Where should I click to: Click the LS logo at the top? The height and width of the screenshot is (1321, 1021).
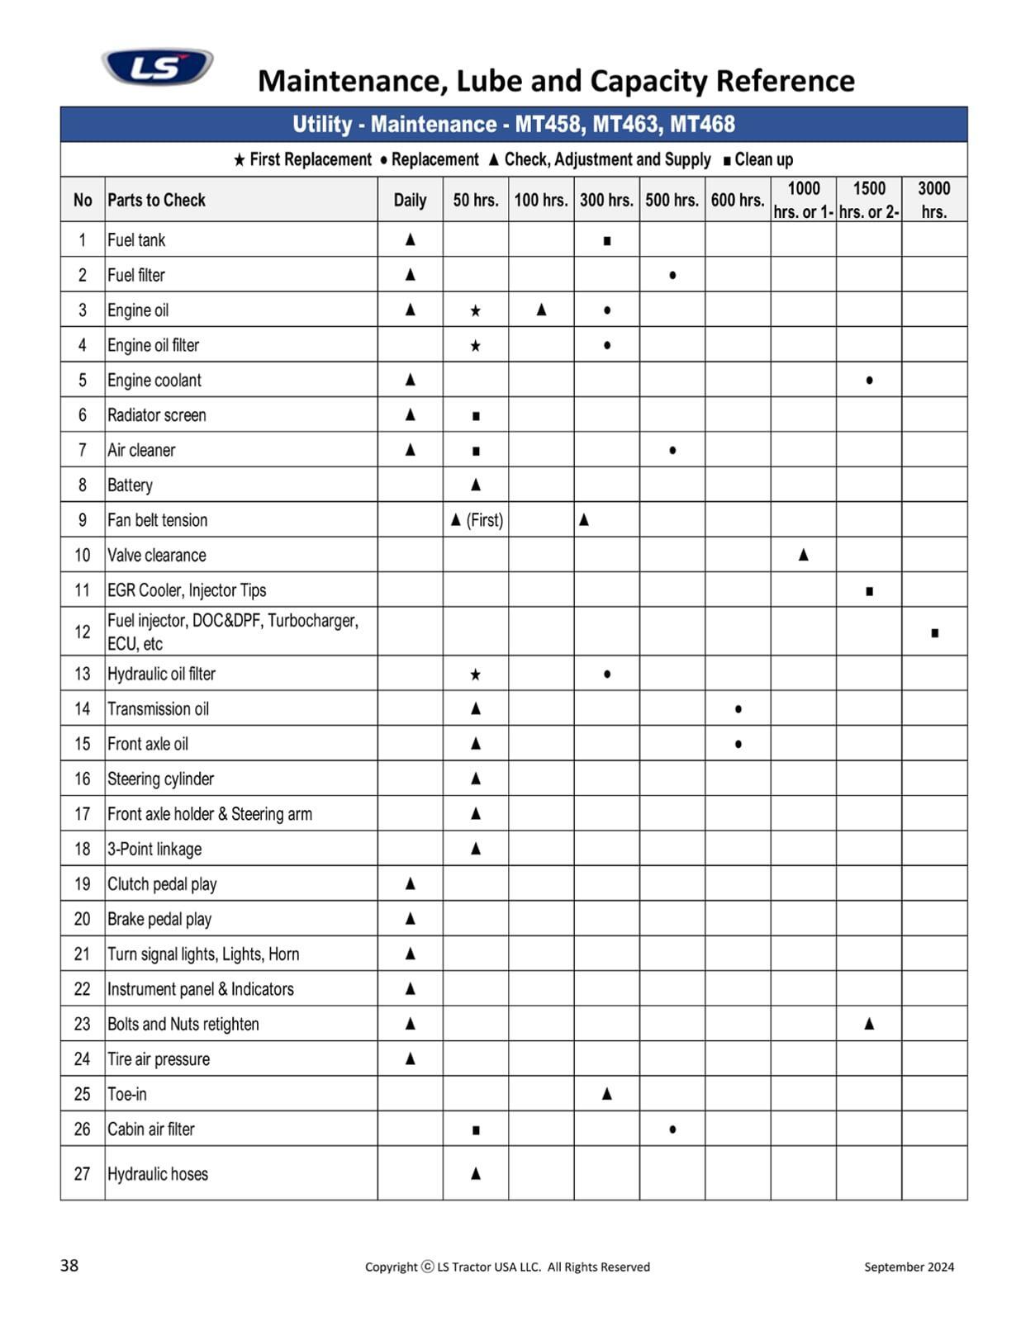pos(157,66)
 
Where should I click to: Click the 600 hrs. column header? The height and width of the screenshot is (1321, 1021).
pos(737,200)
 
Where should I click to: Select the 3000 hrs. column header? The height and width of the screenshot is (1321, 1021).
pos(933,200)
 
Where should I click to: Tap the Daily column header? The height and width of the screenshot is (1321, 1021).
pos(410,200)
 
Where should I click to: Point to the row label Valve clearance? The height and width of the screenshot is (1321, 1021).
pos(157,555)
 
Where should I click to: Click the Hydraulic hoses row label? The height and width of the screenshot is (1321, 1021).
pos(158,1173)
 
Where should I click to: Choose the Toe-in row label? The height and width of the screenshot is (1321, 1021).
pos(127,1094)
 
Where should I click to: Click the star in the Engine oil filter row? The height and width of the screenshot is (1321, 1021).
pos(475,346)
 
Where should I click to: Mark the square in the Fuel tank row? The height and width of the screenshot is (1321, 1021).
pos(607,241)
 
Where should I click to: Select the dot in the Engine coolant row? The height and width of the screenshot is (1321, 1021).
pos(869,381)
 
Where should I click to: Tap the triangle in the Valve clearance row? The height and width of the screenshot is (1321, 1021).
pos(803,555)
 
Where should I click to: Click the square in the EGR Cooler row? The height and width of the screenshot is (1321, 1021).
pos(869,591)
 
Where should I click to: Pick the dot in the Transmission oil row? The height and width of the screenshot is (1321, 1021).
pos(738,709)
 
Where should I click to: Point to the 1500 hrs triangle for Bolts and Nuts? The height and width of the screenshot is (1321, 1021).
pos(869,1024)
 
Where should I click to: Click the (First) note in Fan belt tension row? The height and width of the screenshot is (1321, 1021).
pos(485,520)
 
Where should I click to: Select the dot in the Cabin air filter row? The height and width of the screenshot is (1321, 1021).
pos(672,1129)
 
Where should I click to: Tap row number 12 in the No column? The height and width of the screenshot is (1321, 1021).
pos(83,632)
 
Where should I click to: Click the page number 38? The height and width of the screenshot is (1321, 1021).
pos(69,1266)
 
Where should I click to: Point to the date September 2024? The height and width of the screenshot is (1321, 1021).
pos(909,1267)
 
